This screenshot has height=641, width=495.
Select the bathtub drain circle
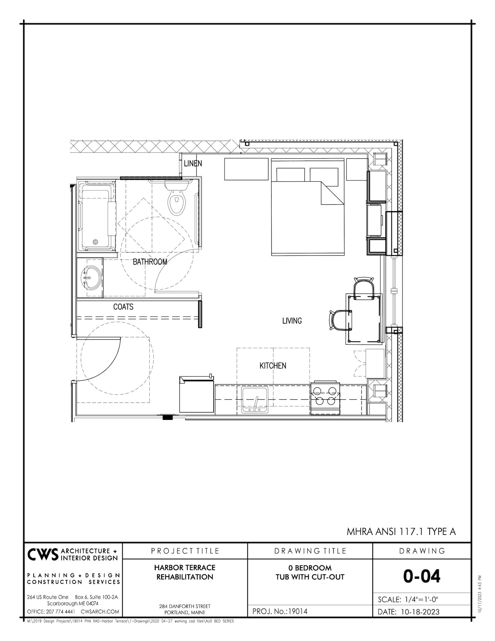95,242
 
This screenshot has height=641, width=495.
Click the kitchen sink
255,399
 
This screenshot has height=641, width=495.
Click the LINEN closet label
193,163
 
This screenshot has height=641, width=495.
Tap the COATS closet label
123,307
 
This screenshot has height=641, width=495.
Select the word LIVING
292,320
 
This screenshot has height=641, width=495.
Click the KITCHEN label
273,365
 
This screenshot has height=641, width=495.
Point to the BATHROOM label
150,262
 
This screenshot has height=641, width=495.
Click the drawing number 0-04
422,576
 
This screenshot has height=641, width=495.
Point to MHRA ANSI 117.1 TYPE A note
401,532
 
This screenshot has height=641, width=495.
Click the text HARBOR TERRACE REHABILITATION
185,572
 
